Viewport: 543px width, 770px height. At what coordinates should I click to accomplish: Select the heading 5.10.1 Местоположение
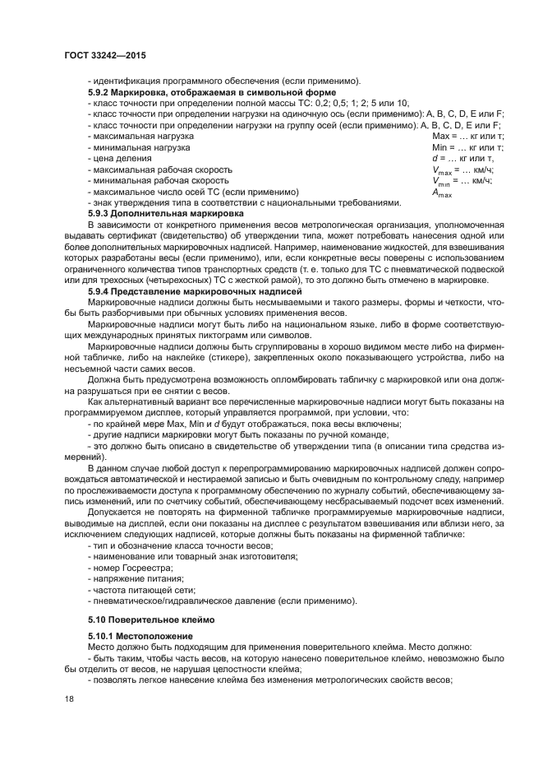click(140, 636)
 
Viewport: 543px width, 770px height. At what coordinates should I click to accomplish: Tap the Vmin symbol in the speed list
click(441, 181)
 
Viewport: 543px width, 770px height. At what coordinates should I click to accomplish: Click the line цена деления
click(122, 158)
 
